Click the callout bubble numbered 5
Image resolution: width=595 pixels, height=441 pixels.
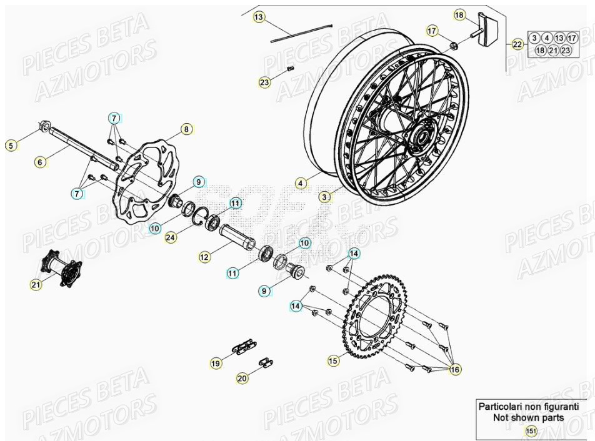point(11,146)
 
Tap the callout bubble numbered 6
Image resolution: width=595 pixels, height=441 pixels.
point(39,162)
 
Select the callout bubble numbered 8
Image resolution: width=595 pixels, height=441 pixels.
point(186,130)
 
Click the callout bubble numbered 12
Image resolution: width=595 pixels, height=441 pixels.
point(204,256)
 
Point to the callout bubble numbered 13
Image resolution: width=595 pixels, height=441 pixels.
point(259,17)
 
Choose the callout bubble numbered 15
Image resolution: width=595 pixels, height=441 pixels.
point(334,360)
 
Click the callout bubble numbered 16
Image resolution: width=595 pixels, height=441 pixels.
point(455,370)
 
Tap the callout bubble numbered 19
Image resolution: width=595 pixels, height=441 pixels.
point(216,363)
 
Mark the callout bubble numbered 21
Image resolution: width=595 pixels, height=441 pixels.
point(36,285)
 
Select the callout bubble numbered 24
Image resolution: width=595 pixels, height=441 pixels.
point(171,237)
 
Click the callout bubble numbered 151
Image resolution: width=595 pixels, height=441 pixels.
point(531,430)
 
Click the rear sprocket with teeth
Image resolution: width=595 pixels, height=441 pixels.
point(376,315)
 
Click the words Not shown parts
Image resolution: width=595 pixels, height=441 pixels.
point(528,417)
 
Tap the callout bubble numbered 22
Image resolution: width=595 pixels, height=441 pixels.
point(517,44)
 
